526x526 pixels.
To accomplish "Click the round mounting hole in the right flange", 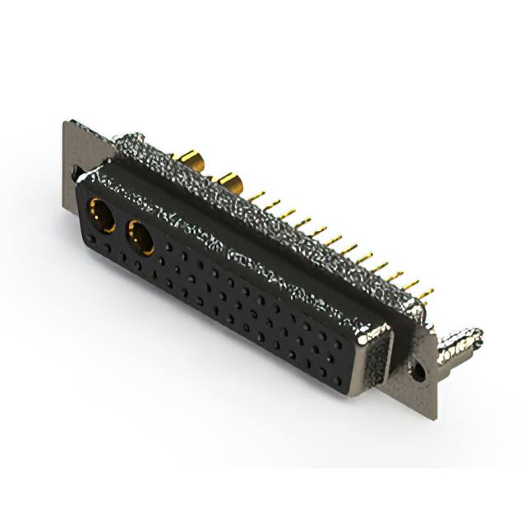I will click(418, 371).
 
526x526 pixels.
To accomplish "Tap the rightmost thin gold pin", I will click(425, 293).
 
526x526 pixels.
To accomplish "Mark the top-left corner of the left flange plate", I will click(66, 123).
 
